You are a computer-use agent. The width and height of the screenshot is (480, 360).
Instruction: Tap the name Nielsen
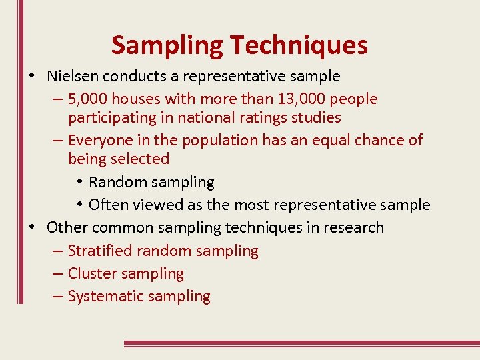point(71,77)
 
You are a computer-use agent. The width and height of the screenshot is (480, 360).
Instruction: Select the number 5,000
point(88,99)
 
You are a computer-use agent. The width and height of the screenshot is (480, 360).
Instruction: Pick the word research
point(353,227)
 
